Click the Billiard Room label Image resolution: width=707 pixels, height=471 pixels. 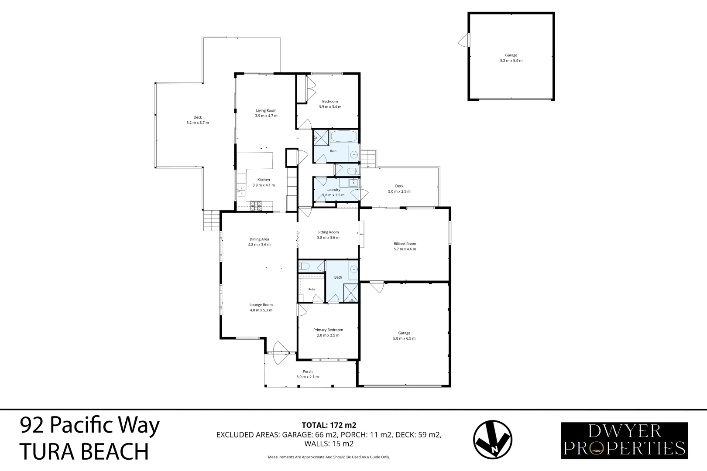click(x=405, y=243)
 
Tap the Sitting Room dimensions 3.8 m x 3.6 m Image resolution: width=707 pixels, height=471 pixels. click(x=328, y=238)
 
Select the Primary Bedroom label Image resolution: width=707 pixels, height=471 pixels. click(x=328, y=330)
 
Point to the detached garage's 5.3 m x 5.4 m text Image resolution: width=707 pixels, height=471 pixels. click(x=511, y=61)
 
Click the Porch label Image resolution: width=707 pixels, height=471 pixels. click(x=308, y=371)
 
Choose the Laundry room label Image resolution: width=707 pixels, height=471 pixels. click(x=333, y=190)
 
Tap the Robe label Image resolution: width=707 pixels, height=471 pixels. click(x=312, y=289)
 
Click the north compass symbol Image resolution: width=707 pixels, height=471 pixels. click(x=492, y=440)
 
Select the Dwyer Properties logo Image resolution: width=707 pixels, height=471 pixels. click(x=625, y=440)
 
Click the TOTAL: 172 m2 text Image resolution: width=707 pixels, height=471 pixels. click(x=329, y=425)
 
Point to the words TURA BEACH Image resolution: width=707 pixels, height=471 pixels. click(x=84, y=451)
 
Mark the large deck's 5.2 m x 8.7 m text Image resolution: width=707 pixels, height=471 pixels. click(x=198, y=123)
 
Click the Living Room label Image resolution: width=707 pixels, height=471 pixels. click(x=266, y=110)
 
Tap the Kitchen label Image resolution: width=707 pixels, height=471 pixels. click(x=264, y=180)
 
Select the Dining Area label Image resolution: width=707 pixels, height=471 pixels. click(x=259, y=239)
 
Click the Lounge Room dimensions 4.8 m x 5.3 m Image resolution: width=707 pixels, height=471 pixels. click(x=261, y=310)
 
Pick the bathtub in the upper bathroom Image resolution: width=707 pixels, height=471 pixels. click(x=344, y=136)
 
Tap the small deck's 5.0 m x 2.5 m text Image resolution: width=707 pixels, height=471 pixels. click(x=399, y=191)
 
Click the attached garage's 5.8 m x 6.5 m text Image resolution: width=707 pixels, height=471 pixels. click(x=404, y=338)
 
